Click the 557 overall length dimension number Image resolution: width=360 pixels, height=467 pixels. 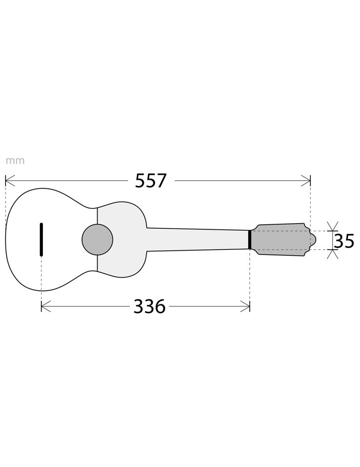pos(150,181)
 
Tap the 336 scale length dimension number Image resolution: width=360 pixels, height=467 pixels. pos(149,307)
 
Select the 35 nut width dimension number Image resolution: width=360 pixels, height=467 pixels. pos(344,241)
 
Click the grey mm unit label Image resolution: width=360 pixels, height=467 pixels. pos(15,161)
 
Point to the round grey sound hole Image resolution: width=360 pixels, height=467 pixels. pos(97,240)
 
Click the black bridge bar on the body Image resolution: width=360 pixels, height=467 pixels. pos(42,239)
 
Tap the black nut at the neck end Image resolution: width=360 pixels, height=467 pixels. pos(250,240)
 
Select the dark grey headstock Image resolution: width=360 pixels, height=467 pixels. pos(280,240)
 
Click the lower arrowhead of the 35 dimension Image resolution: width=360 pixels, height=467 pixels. pos(332,254)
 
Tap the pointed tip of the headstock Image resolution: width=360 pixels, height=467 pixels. pos(316,240)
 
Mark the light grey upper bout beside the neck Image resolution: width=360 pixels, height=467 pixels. pos(124,219)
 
